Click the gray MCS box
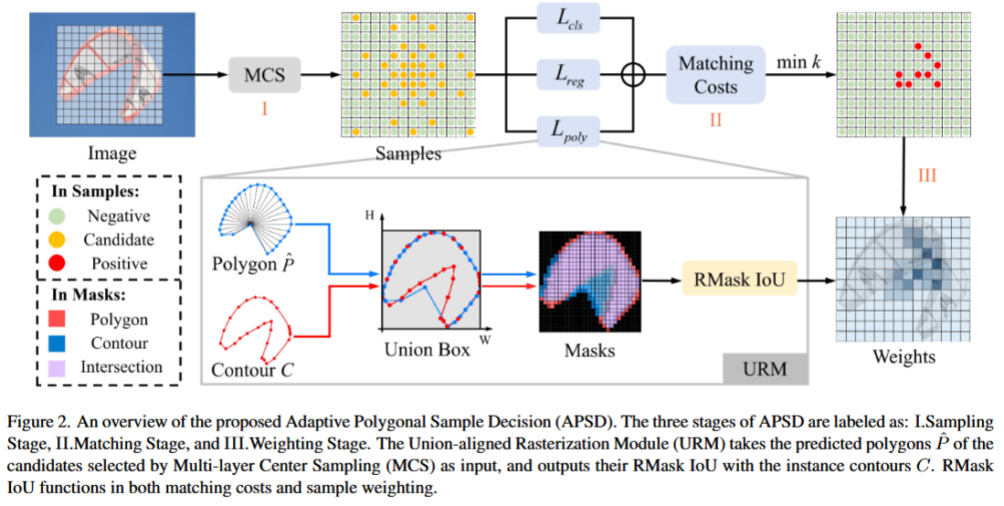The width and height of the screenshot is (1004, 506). pyautogui.click(x=264, y=75)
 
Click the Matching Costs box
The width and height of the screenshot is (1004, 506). pyautogui.click(x=715, y=75)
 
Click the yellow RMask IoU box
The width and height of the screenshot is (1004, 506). pyautogui.click(x=735, y=278)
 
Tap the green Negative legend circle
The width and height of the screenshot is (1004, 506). pyautogui.click(x=58, y=216)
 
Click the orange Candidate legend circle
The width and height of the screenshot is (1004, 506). pyautogui.click(x=58, y=239)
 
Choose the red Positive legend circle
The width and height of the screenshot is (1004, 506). pyautogui.click(x=58, y=263)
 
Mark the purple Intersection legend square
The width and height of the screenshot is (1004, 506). pyautogui.click(x=58, y=367)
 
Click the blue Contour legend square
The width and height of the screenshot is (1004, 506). pyautogui.click(x=58, y=343)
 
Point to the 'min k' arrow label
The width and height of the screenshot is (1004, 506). pyautogui.click(x=797, y=63)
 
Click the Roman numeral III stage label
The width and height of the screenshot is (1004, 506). pyautogui.click(x=925, y=175)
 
